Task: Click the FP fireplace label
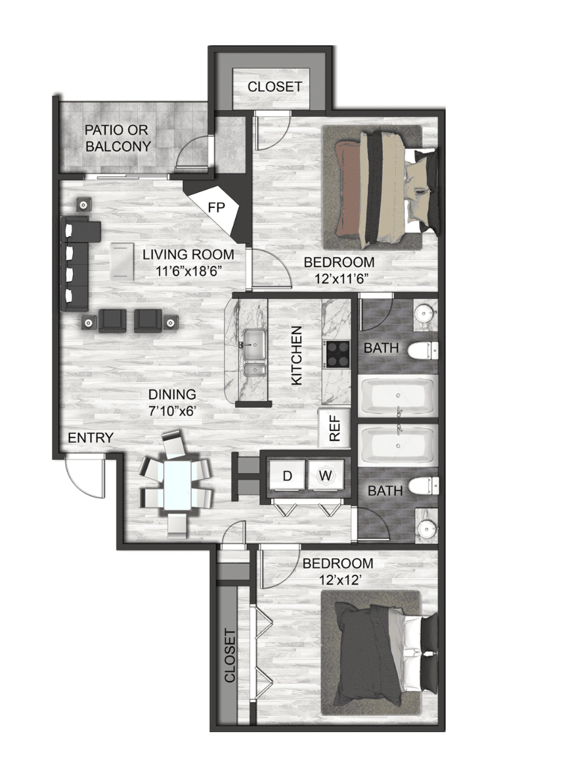pos(217,207)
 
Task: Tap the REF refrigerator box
pos(335,428)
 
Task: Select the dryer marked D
pos(287,476)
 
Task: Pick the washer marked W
pos(326,476)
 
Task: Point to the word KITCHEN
pos(297,355)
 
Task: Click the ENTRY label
pos(91,438)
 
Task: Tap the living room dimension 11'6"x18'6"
pos(189,270)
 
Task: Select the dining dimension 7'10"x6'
pos(172,411)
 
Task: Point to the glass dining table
pos(177,485)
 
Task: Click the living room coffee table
pos(121,261)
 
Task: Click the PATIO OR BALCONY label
pos(118,138)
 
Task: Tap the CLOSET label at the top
pos(275,87)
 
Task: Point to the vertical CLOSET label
pos(230,656)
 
